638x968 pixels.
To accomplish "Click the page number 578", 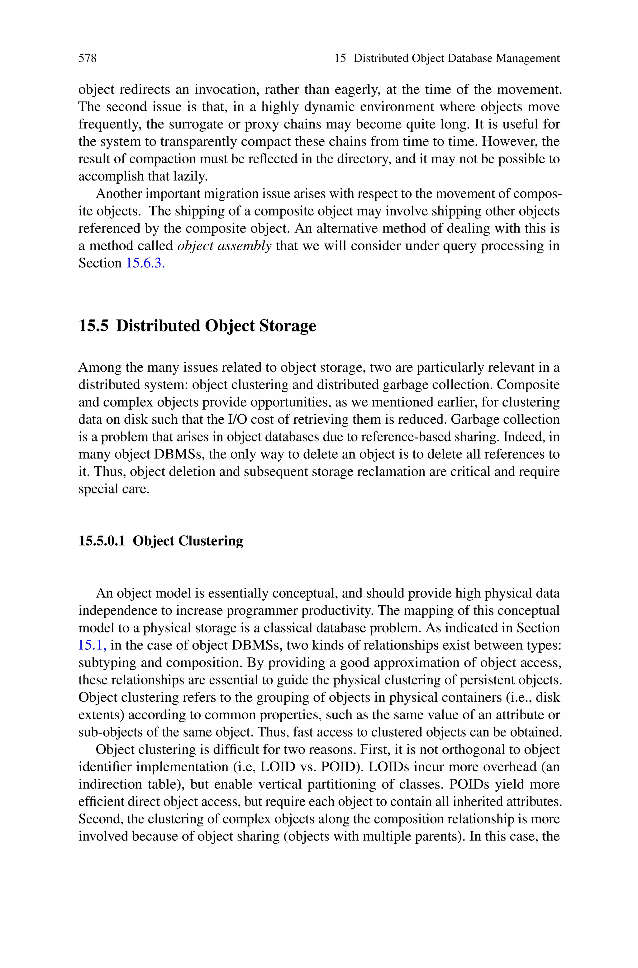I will pos(88,58).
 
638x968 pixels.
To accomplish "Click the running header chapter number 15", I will pos(340,58).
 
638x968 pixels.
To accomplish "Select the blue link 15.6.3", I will pos(145,263).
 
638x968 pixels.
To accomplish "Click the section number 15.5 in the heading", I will pos(93,326).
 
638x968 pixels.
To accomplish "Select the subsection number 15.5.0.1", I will pos(101,541).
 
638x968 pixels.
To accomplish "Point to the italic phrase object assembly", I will pos(224,246).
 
